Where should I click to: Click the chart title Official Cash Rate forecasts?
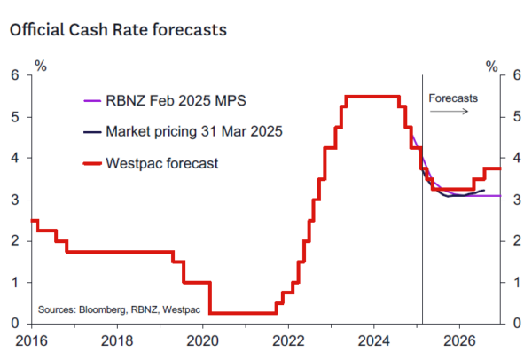click(x=118, y=29)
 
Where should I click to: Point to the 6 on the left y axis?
click(x=16, y=75)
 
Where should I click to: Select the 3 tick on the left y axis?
click(x=16, y=200)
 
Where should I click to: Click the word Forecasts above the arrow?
click(x=453, y=98)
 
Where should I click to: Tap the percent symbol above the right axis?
click(x=493, y=64)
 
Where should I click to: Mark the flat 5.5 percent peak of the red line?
click(x=372, y=97)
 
